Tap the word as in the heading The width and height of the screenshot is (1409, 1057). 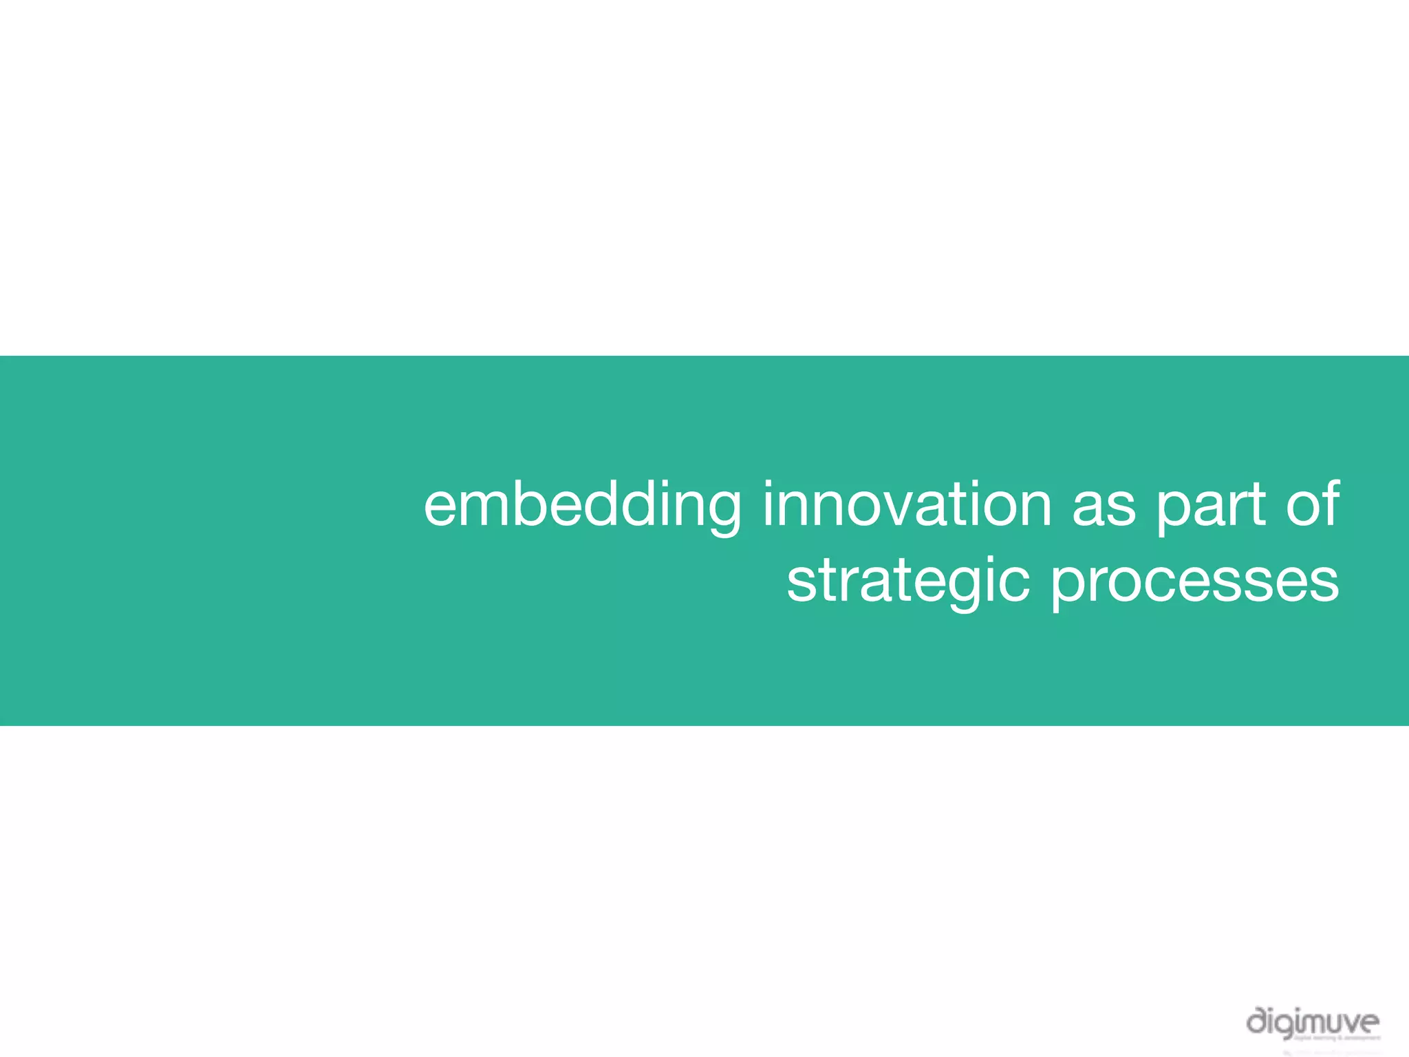click(x=1104, y=506)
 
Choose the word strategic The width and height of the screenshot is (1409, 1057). click(x=908, y=581)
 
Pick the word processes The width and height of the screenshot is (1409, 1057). click(x=1194, y=581)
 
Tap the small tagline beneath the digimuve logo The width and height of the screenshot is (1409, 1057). click(x=1335, y=1038)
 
